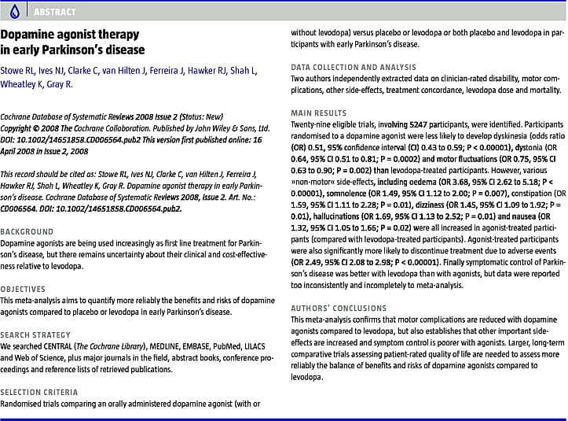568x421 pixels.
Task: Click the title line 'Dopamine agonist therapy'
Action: [70, 35]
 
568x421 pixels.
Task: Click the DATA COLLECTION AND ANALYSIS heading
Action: [354, 68]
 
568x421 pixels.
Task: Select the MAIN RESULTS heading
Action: [319, 113]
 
